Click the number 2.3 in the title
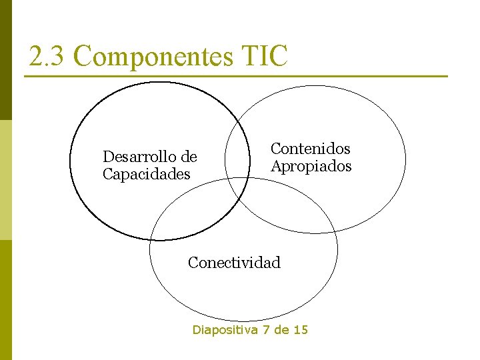coord(46,57)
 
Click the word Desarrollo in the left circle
coord(139,157)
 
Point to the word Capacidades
coord(146,174)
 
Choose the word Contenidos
coord(310,149)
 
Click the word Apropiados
coord(311,166)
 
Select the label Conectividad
coord(234,263)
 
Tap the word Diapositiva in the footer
coord(225,329)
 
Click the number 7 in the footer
coord(267,329)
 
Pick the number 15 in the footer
coord(301,329)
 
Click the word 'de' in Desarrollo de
coord(189,157)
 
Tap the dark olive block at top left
coord(5,60)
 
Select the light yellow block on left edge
coord(5,180)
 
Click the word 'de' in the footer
coord(284,329)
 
